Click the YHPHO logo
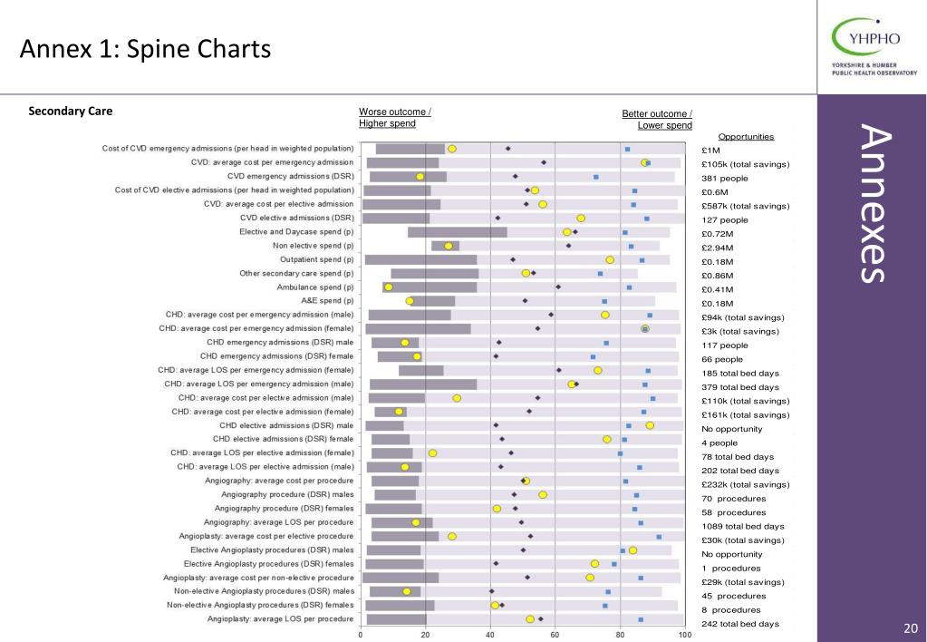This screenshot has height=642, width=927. (x=874, y=46)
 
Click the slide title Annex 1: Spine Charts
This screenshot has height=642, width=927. (x=145, y=49)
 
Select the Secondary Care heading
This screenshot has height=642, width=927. (x=71, y=112)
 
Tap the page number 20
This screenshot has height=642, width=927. (x=911, y=628)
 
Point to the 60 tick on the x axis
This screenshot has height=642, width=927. (x=555, y=636)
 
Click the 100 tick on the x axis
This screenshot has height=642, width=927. (x=685, y=636)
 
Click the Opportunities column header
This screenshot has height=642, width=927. (x=746, y=137)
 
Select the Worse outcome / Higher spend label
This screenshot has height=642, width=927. (x=394, y=118)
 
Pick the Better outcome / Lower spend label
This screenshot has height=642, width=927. (x=657, y=120)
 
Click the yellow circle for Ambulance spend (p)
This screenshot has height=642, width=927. (x=389, y=287)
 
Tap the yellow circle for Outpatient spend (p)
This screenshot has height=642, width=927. (x=610, y=259)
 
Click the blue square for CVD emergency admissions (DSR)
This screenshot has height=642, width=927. (x=596, y=177)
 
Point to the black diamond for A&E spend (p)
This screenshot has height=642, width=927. (x=525, y=300)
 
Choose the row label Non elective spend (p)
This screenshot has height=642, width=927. (x=313, y=246)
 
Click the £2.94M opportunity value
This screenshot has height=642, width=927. (x=717, y=248)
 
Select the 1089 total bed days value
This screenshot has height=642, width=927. (x=743, y=526)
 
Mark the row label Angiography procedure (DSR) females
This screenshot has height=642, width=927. (x=284, y=509)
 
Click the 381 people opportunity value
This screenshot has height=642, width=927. (x=725, y=178)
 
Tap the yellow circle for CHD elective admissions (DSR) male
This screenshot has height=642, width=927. (x=650, y=425)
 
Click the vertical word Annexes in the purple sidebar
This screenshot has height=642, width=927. (x=876, y=203)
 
